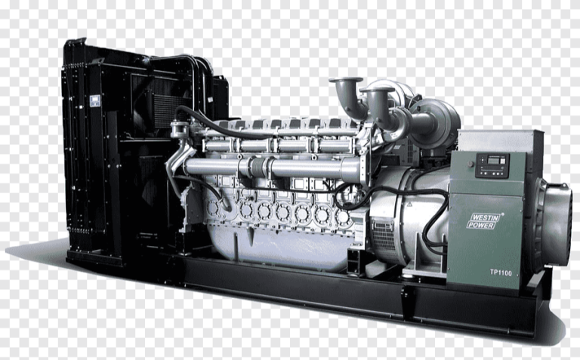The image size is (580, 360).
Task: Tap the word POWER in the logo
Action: pyautogui.click(x=481, y=224)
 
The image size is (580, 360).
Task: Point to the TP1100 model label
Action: pyautogui.click(x=501, y=272)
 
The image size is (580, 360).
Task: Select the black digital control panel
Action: pyautogui.click(x=492, y=165)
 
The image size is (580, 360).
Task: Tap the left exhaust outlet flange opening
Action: pyautogui.click(x=346, y=80)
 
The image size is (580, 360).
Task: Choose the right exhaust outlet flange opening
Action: pyautogui.click(x=377, y=90)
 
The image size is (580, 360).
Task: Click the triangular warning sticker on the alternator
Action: pyautogui.click(x=409, y=204)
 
